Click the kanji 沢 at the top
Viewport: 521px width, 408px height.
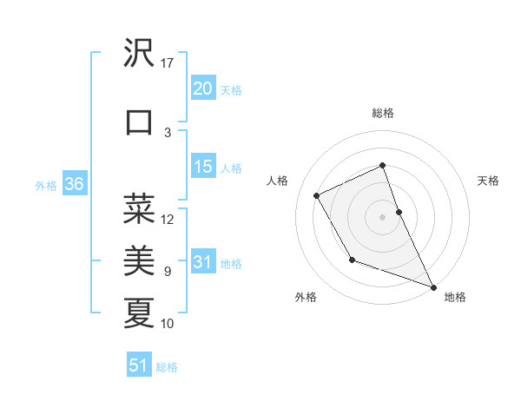[x=140, y=55]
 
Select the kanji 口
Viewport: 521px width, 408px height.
[x=140, y=122]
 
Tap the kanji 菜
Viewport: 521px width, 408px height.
[x=140, y=208]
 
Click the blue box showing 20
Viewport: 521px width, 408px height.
[x=202, y=89]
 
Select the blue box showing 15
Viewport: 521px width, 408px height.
[x=202, y=167]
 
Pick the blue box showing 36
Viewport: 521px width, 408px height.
[x=74, y=185]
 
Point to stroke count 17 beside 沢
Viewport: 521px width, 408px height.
[x=168, y=63]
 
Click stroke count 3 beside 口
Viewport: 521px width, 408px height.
[x=168, y=132]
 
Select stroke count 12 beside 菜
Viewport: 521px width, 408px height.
[x=168, y=219]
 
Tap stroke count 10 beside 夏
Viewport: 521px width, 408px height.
[x=168, y=323]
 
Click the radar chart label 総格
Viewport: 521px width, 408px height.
[x=383, y=113]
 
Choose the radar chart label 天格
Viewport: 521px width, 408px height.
[x=488, y=181]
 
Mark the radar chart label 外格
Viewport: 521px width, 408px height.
[x=306, y=297]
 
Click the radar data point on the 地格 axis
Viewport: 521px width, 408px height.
[x=434, y=287]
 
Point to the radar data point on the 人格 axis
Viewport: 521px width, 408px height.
[x=317, y=195]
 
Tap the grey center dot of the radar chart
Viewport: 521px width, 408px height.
[x=383, y=216]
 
